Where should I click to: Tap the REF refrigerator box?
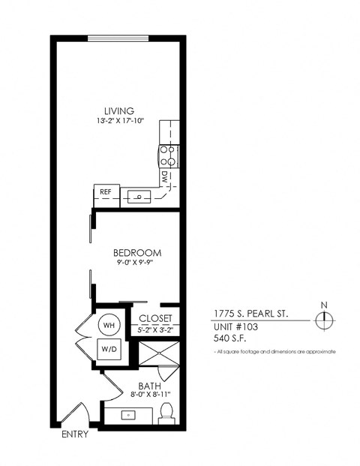(106, 191)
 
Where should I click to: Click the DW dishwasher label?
(164, 176)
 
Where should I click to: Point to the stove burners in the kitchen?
(169, 155)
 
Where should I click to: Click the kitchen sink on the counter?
(139, 197)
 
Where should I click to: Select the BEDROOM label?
(137, 253)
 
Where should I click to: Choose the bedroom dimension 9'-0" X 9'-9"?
(137, 264)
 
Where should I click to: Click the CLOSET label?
(156, 318)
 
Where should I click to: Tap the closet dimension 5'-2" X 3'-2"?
(156, 329)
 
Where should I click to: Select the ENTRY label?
(75, 434)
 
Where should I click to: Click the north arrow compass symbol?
(323, 319)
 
